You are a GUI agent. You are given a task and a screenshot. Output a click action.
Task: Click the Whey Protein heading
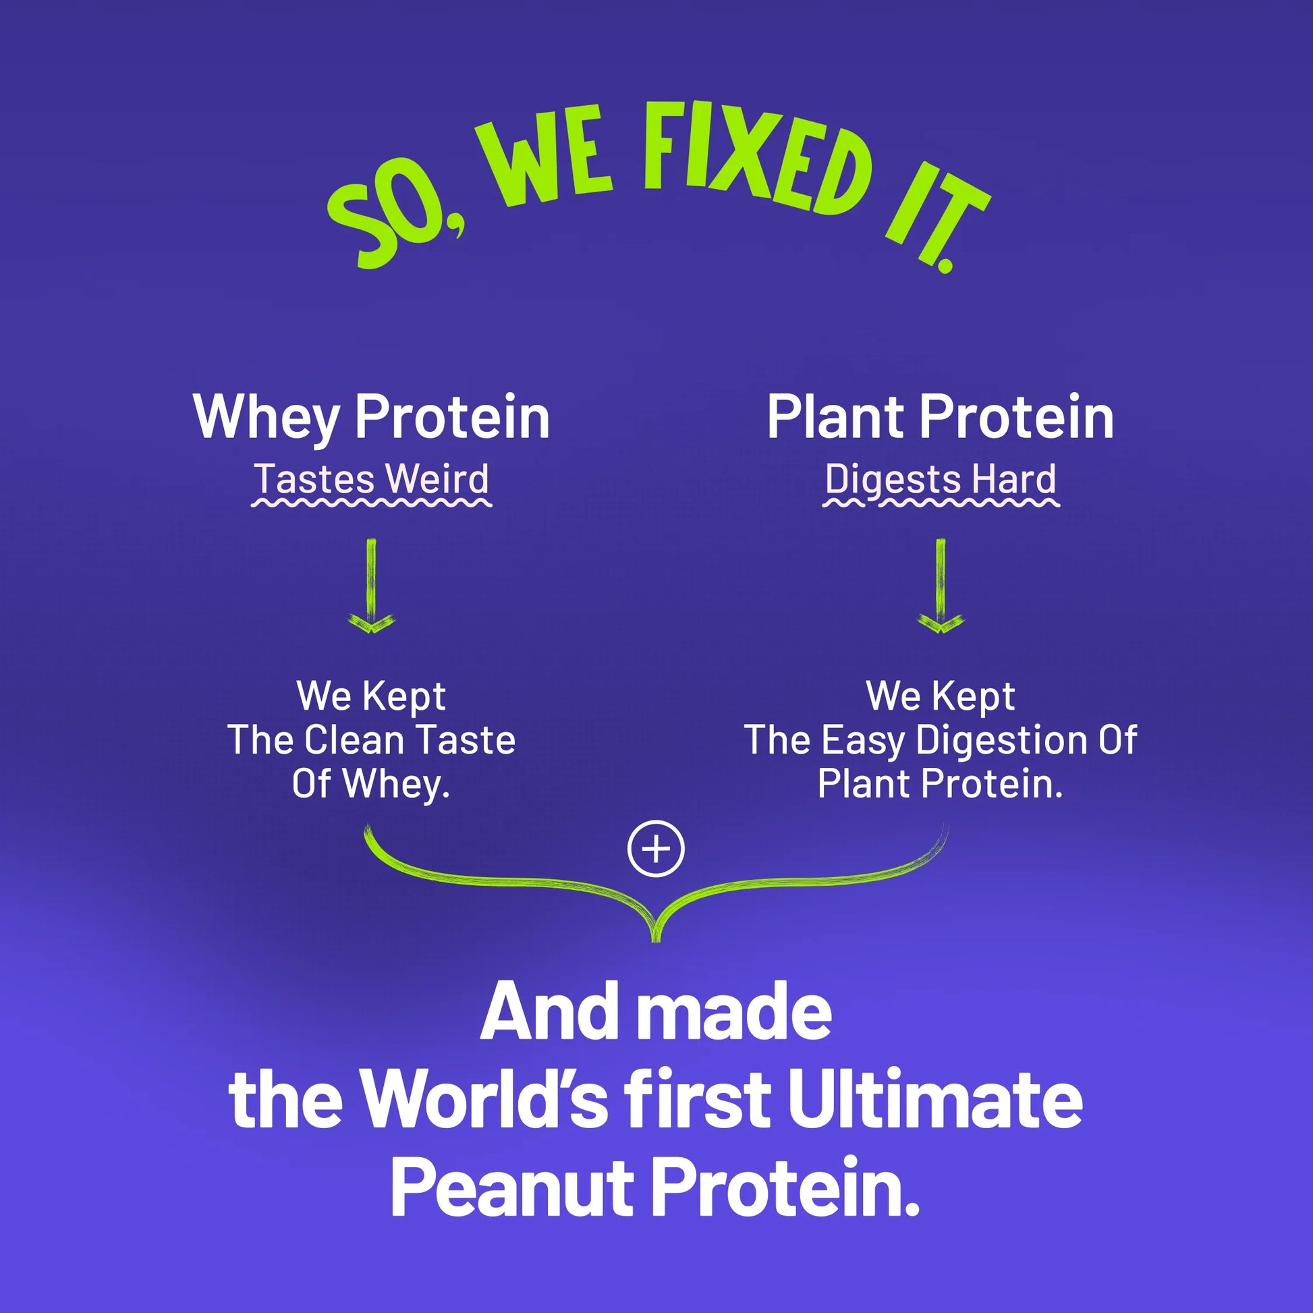click(371, 417)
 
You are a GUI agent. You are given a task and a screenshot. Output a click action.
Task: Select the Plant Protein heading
click(941, 417)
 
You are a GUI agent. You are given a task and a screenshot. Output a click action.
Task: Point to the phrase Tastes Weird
click(371, 478)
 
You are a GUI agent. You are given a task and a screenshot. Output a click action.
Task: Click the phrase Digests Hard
click(941, 480)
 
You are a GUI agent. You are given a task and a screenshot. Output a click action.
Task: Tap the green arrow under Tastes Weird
click(371, 586)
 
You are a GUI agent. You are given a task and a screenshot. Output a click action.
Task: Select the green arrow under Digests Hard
click(941, 586)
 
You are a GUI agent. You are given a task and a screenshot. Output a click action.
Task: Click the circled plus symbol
click(656, 849)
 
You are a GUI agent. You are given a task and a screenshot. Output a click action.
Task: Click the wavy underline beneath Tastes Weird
click(371, 503)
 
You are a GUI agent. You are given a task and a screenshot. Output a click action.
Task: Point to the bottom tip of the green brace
click(656, 941)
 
